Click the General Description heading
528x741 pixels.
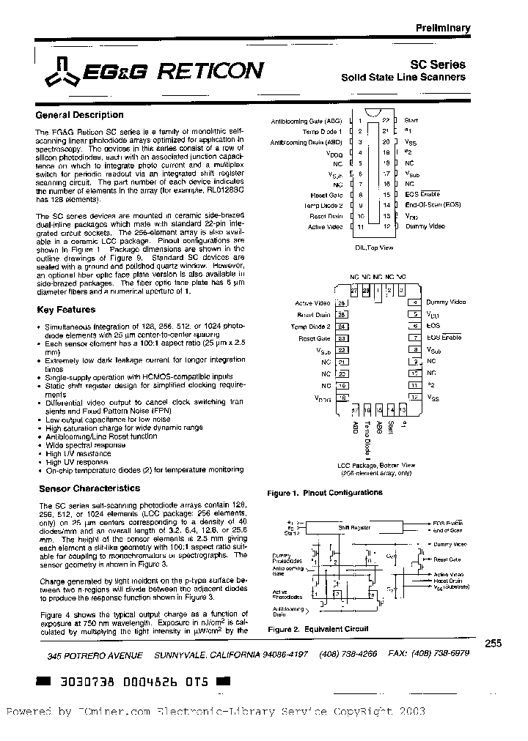tap(79, 115)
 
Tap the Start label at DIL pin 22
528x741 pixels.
tap(411, 119)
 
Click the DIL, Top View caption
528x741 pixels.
tap(373, 248)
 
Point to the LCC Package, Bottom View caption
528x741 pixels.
tap(376, 466)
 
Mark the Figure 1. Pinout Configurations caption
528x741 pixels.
tap(325, 494)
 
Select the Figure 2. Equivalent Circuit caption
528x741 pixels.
tap(307, 629)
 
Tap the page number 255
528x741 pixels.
tap(493, 643)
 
